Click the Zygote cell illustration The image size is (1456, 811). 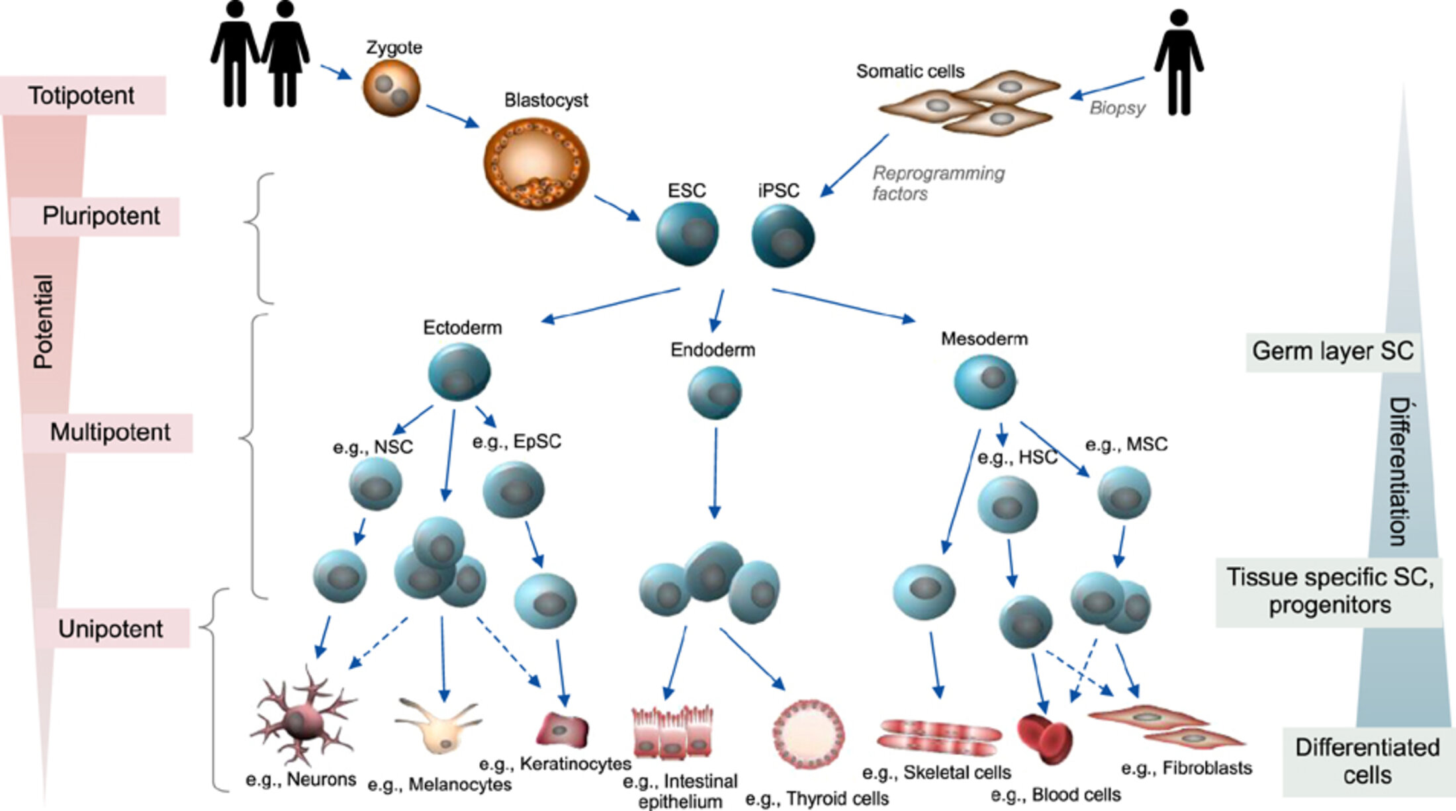click(x=391, y=88)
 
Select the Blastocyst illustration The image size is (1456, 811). click(x=536, y=163)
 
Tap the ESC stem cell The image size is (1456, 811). click(x=688, y=234)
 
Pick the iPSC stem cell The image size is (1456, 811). click(x=783, y=236)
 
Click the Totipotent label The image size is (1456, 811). click(x=81, y=96)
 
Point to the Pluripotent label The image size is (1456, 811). click(x=101, y=216)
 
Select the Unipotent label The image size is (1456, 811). click(x=110, y=628)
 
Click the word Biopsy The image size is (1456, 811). click(x=1117, y=108)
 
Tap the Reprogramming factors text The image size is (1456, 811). click(x=938, y=183)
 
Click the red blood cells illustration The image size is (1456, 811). click(x=1045, y=738)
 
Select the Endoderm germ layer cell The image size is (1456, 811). click(x=715, y=393)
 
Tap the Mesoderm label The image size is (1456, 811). click(x=984, y=339)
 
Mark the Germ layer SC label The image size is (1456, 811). click(x=1332, y=351)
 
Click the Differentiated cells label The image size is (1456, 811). click(x=1367, y=761)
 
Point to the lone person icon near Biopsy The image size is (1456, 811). click(x=1179, y=63)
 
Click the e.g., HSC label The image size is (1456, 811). click(x=1017, y=457)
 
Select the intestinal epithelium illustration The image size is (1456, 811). click(x=672, y=732)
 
